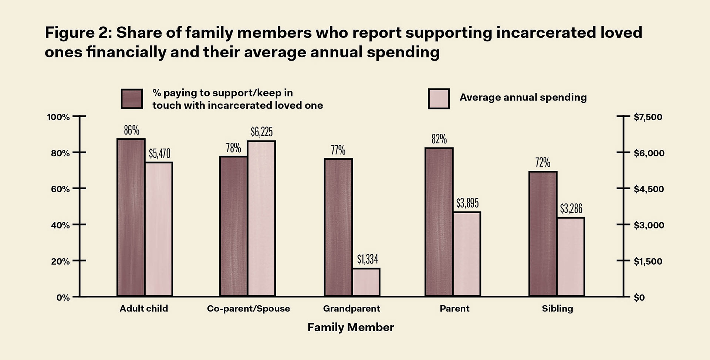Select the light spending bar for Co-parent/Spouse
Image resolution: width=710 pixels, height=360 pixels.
click(261, 218)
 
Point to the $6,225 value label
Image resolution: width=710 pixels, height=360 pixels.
click(261, 132)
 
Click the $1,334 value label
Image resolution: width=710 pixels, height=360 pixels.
click(367, 259)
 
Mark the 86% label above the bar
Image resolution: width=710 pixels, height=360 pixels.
click(132, 130)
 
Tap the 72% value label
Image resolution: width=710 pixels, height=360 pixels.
click(542, 163)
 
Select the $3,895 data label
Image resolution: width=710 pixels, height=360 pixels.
click(467, 203)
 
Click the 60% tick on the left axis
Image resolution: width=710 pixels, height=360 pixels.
click(60, 189)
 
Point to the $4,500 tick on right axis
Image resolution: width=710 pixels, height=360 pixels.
click(649, 189)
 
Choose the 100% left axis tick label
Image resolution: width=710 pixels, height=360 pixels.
click(58, 117)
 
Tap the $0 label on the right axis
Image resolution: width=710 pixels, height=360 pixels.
click(639, 298)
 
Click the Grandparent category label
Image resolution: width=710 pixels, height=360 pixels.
click(351, 309)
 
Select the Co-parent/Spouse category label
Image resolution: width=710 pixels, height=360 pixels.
click(248, 309)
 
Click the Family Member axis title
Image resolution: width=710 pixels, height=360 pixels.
click(351, 327)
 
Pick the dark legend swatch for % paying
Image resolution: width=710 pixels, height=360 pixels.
click(132, 99)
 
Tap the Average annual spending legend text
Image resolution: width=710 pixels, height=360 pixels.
click(523, 97)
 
